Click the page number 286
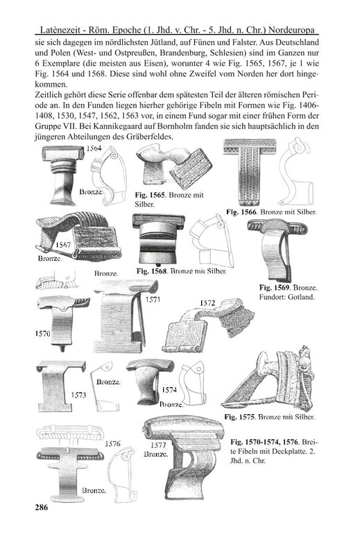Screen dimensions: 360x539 (x=42, y=507)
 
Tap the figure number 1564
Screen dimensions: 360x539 (x=94, y=148)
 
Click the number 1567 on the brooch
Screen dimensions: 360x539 (x=63, y=245)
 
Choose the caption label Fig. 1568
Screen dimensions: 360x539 (x=152, y=271)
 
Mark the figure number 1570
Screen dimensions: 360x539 (x=42, y=333)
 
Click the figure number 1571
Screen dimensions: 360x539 (x=153, y=300)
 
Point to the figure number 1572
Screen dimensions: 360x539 (x=207, y=303)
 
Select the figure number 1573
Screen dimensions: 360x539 (x=78, y=395)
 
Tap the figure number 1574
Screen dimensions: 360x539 (x=169, y=390)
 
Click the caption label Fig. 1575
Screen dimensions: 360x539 (x=240, y=418)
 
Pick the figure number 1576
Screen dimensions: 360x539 (x=113, y=444)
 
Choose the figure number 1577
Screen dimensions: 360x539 (x=159, y=445)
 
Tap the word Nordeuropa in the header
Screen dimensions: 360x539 (x=291, y=31)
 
